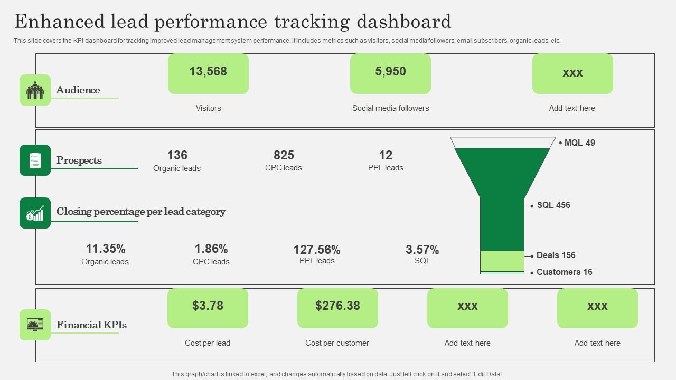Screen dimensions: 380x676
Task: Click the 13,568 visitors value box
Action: click(208, 73)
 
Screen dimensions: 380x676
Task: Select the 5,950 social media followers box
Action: click(390, 73)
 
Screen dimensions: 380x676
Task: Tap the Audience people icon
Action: click(35, 90)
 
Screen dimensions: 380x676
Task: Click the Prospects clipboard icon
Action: click(35, 160)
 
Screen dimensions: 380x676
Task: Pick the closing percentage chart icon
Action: click(35, 213)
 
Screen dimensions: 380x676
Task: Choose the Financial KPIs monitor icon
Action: click(35, 325)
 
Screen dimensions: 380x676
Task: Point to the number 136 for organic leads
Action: click(177, 155)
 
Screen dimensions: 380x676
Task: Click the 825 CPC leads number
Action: click(284, 155)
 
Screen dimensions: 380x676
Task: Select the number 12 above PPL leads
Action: click(386, 155)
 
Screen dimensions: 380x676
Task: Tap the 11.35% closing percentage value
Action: click(105, 249)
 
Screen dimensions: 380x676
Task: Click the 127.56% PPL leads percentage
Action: click(317, 250)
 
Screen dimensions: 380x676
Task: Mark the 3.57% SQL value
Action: click(422, 250)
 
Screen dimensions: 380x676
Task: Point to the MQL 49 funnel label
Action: click(579, 142)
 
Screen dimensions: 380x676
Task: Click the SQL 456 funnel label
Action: click(553, 205)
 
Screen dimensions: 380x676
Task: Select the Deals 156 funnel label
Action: click(556, 255)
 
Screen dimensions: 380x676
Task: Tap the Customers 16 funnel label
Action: click(564, 272)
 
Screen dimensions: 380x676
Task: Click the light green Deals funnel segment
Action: click(502, 261)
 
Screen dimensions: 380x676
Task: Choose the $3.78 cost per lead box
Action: click(208, 308)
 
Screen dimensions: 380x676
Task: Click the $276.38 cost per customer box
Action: click(337, 308)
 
